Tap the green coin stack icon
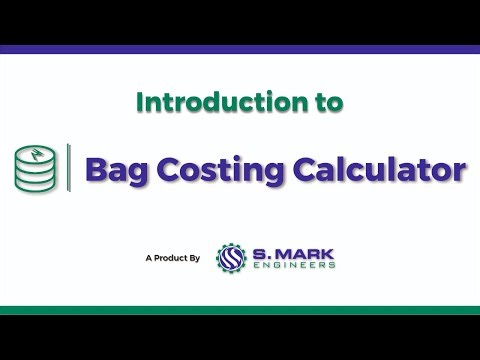tap(35, 168)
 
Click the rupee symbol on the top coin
tap(36, 152)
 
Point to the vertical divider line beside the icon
tap(68, 166)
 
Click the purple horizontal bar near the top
tap(240, 49)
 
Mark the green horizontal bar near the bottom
tap(240, 310)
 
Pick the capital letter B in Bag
tap(97, 168)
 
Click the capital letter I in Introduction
tap(139, 102)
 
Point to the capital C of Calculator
tap(302, 168)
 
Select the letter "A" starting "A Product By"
tap(148, 258)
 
